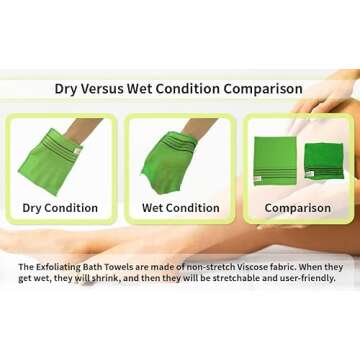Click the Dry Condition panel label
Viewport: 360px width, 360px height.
60,208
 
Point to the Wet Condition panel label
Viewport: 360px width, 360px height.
180,208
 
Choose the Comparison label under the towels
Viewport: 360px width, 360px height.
297,208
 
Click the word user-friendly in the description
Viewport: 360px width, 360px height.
304,279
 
